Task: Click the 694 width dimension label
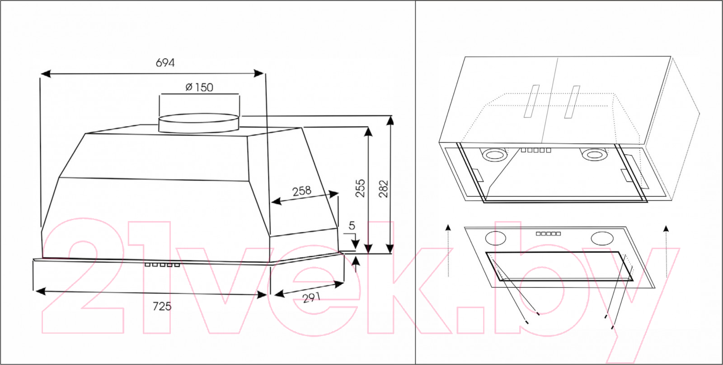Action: click(x=165, y=63)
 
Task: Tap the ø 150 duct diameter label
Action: click(x=199, y=87)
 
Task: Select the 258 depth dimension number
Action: click(x=302, y=191)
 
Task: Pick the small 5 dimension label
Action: click(x=352, y=226)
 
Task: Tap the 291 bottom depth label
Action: click(x=311, y=298)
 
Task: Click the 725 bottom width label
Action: click(x=162, y=306)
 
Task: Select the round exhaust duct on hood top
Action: click(x=199, y=123)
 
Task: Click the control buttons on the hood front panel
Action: click(x=162, y=265)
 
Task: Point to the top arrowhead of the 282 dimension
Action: click(x=390, y=120)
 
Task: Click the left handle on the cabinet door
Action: click(x=531, y=101)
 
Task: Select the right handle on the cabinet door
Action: click(x=572, y=102)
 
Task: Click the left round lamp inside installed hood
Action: click(x=494, y=154)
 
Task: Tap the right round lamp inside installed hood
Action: click(x=594, y=154)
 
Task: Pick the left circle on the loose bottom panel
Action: click(x=495, y=238)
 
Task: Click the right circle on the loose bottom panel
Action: click(x=602, y=239)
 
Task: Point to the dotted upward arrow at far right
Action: click(x=666, y=251)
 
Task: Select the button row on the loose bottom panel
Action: click(x=549, y=234)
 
